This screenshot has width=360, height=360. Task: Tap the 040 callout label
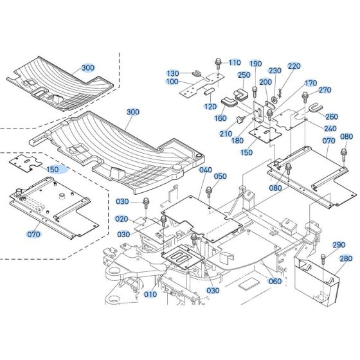(206, 170)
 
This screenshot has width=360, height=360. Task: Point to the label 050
(221, 176)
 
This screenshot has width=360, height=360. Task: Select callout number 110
(235, 62)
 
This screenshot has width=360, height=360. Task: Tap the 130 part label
(174, 73)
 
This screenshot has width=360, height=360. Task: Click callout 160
(221, 118)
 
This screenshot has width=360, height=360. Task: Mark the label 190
(255, 64)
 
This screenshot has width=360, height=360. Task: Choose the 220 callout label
(294, 66)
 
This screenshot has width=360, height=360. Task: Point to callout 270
(325, 90)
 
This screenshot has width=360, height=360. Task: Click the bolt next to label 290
(321, 259)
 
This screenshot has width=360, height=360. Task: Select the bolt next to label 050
(210, 191)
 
